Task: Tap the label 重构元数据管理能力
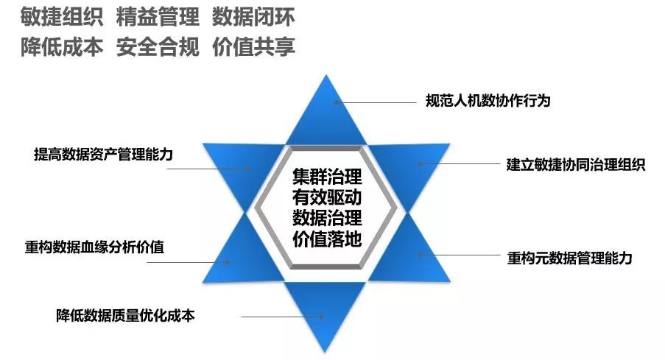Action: pyautogui.click(x=570, y=258)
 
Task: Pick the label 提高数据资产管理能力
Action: pyautogui.click(x=108, y=154)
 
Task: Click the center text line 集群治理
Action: pyautogui.click(x=326, y=178)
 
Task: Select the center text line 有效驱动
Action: pyautogui.click(x=326, y=198)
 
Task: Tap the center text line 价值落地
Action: pyautogui.click(x=326, y=239)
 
